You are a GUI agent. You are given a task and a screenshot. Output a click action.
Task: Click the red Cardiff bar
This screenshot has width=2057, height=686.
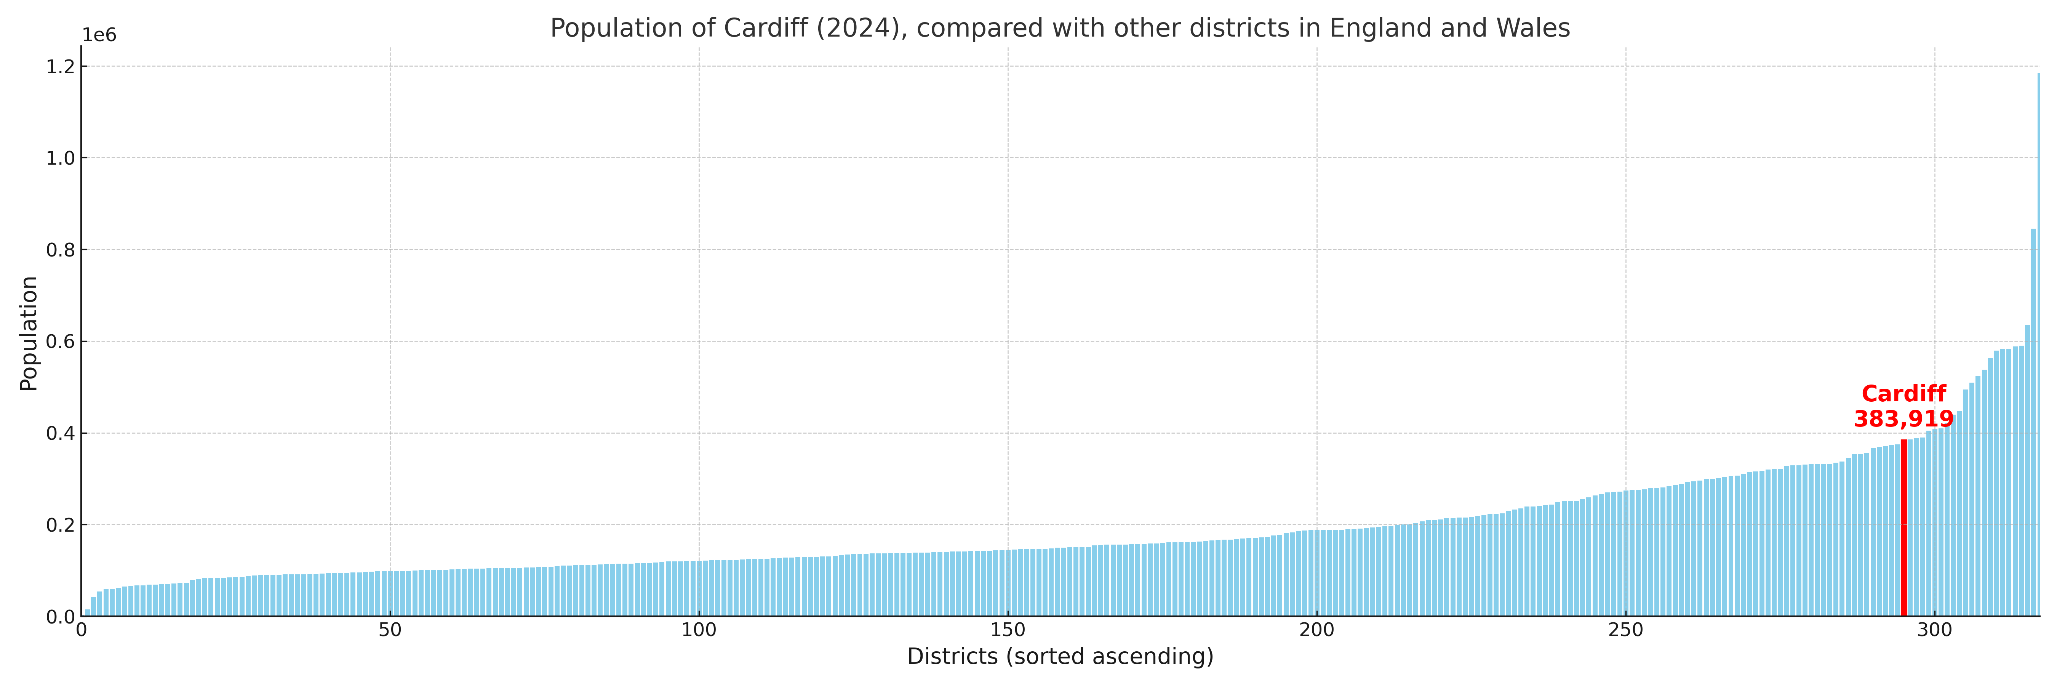click(1904, 527)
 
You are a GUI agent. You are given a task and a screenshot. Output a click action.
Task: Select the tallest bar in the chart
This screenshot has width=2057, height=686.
click(2038, 343)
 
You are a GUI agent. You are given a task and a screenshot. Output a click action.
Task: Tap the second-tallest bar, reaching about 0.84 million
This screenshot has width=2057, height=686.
click(2033, 423)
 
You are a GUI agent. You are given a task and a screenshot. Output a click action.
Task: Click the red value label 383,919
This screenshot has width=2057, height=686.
click(1904, 419)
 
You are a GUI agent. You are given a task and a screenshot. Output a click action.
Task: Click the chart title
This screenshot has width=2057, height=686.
click(1060, 28)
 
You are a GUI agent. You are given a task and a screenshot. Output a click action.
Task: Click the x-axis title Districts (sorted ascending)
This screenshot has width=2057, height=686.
click(1060, 656)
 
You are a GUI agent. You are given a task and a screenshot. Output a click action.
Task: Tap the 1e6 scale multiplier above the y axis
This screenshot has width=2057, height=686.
click(99, 35)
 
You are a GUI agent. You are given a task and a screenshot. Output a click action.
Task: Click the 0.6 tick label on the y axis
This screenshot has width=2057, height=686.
click(61, 342)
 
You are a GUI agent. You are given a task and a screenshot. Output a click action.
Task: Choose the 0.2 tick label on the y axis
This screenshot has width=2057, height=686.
click(61, 526)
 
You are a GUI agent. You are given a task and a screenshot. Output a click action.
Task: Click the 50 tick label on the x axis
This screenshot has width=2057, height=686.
click(390, 630)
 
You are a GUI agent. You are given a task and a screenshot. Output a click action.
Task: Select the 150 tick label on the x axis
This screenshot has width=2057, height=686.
click(1008, 630)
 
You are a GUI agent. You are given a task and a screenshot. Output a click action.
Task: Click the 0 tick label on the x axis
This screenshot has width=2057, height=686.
click(82, 630)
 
